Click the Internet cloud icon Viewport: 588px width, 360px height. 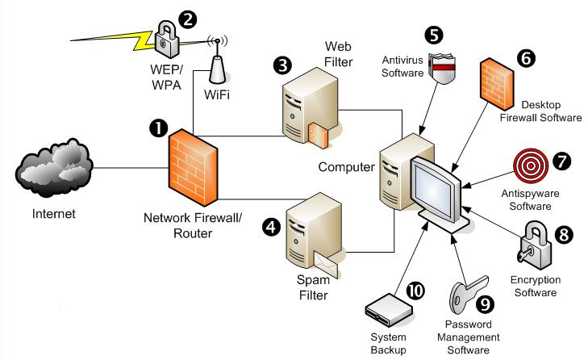click(x=54, y=168)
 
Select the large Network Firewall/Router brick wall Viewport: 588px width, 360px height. click(x=193, y=167)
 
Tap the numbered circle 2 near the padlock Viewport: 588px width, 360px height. click(x=187, y=19)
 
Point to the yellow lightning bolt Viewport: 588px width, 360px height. click(x=112, y=40)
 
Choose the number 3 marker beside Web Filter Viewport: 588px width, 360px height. click(x=282, y=65)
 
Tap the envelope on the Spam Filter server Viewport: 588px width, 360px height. click(x=326, y=265)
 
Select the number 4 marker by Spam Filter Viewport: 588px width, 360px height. click(x=271, y=227)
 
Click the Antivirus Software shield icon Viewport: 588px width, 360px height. click(x=444, y=69)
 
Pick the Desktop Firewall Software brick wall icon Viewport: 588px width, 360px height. click(x=497, y=84)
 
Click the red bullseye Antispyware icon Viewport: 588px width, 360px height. click(x=531, y=166)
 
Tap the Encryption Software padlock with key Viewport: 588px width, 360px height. click(x=535, y=245)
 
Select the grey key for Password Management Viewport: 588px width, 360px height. click(x=468, y=295)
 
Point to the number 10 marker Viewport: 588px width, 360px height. click(x=415, y=291)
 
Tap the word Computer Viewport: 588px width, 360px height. click(x=346, y=167)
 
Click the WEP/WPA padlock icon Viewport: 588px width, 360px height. click(x=167, y=39)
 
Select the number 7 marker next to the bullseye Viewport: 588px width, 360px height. click(x=561, y=161)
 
